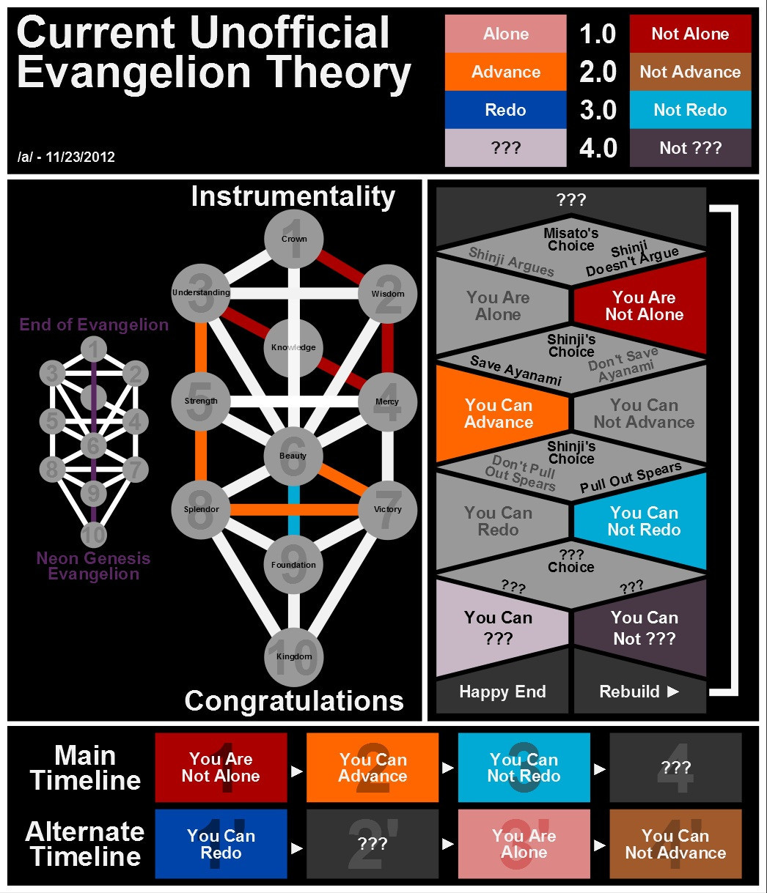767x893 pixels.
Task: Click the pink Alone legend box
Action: point(505,34)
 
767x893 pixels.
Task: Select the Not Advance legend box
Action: point(690,72)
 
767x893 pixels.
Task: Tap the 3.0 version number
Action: point(598,110)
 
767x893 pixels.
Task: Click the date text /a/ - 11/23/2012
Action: point(66,157)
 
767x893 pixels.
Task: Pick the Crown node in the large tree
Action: point(294,240)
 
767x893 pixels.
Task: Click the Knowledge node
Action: point(293,347)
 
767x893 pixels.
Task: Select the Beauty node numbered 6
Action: point(293,456)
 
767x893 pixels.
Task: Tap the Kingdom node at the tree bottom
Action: point(294,656)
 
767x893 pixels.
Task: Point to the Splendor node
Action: point(201,509)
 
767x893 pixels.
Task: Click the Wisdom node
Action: point(387,294)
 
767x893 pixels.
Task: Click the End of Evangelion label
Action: point(94,325)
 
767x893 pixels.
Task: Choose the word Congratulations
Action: point(294,701)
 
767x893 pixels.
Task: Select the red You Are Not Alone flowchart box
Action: point(644,305)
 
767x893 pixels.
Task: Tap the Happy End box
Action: point(502,692)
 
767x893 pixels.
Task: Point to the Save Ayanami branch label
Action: point(515,371)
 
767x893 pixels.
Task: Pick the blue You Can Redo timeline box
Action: point(221,844)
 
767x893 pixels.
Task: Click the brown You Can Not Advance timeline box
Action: point(675,844)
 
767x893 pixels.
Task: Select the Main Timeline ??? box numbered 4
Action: point(675,768)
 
